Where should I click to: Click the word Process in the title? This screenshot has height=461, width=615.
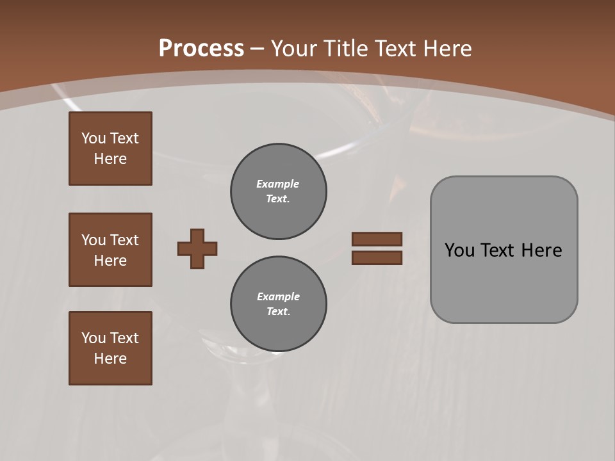[x=201, y=49]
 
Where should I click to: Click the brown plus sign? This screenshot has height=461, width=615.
[x=197, y=248]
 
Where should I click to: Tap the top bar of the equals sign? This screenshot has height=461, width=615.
[x=377, y=239]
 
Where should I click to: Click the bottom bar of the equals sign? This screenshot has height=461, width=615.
[x=377, y=258]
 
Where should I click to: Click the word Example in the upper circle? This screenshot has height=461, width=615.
[x=277, y=184]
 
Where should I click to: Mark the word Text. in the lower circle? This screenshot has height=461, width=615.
[x=278, y=311]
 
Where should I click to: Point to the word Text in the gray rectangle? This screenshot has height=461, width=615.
[x=498, y=250]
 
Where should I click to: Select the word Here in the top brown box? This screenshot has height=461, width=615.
[x=110, y=159]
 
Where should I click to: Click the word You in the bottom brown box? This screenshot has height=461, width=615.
[x=94, y=338]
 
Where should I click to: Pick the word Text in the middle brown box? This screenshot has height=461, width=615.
[x=124, y=240]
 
